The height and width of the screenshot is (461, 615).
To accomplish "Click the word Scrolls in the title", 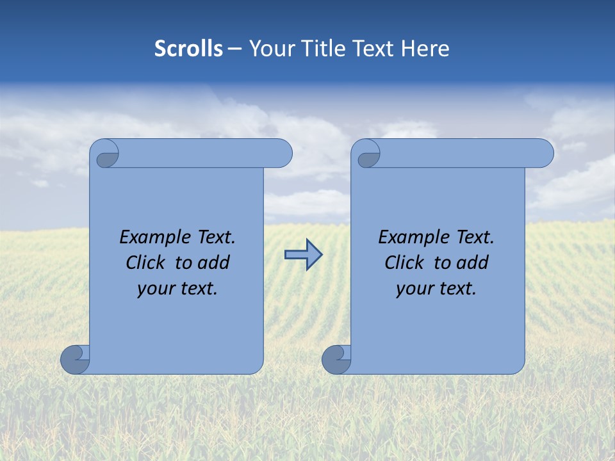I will pos(188,49).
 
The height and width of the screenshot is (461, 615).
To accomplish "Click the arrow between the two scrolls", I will pos(303,254).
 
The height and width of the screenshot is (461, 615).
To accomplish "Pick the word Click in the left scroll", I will pos(145,263).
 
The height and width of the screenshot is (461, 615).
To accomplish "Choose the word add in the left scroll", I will pos(214,263).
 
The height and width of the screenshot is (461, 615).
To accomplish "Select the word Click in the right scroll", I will pos(404,263).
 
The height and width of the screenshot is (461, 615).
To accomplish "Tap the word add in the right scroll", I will pos(473,263).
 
